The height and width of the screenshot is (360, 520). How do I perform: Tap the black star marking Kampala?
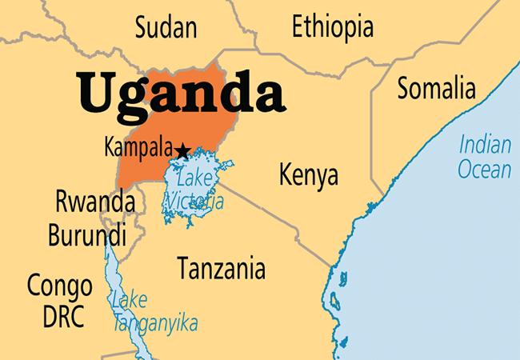(x=182, y=150)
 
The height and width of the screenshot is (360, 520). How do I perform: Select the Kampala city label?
(x=138, y=147)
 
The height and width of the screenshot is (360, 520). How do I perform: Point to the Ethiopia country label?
(x=332, y=26)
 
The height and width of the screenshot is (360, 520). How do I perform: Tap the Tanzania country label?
(x=221, y=266)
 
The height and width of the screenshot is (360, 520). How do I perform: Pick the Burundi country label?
(x=86, y=236)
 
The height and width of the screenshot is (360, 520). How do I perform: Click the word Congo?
(x=59, y=284)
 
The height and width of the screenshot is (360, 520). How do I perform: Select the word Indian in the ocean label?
(x=485, y=146)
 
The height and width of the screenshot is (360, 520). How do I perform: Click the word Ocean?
(x=485, y=170)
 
